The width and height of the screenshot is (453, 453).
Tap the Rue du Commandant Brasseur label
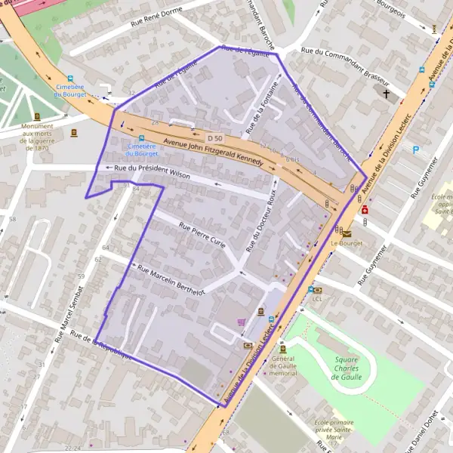[x=345, y=66]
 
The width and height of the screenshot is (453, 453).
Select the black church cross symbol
[x=387, y=94]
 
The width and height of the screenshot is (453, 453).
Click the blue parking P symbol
[x=415, y=150]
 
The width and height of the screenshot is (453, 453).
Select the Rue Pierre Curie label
[x=202, y=234]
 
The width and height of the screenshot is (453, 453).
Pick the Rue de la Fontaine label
[x=263, y=112]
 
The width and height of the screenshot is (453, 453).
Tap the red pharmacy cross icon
[x=365, y=209]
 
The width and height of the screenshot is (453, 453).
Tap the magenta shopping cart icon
[x=241, y=322]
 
